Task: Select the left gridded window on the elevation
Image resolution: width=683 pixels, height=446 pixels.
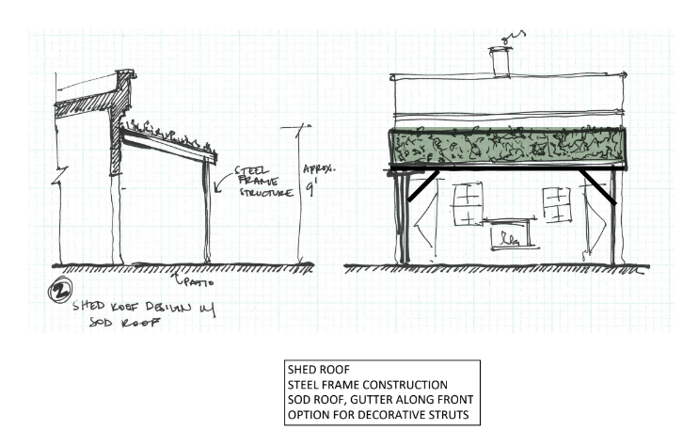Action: (468, 204)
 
